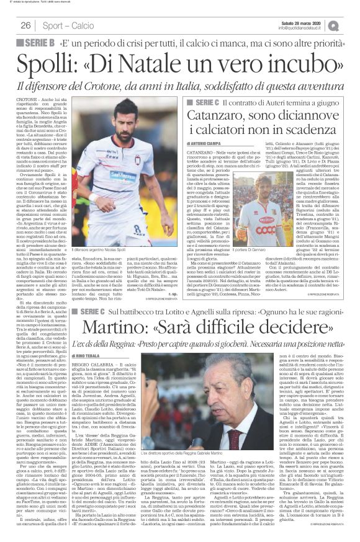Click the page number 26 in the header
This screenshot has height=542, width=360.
coord(25,25)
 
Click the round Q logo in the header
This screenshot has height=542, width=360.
coord(351,25)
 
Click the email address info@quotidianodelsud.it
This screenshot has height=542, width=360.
coord(310,28)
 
